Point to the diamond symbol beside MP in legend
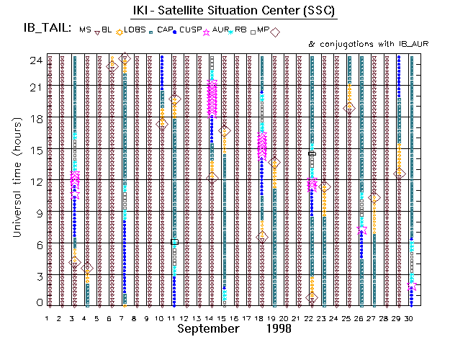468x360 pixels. [x=274, y=31]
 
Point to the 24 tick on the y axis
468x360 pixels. [x=34, y=60]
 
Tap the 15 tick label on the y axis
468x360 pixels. [x=34, y=150]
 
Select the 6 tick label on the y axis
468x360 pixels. [x=37, y=244]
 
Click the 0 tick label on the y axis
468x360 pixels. [x=37, y=303]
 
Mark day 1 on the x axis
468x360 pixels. [x=48, y=319]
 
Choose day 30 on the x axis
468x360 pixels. [x=410, y=319]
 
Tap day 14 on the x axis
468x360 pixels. [x=209, y=319]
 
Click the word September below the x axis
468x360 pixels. [x=208, y=329]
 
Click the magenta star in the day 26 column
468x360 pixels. [x=361, y=229]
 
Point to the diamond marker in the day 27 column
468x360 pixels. [x=374, y=197]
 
